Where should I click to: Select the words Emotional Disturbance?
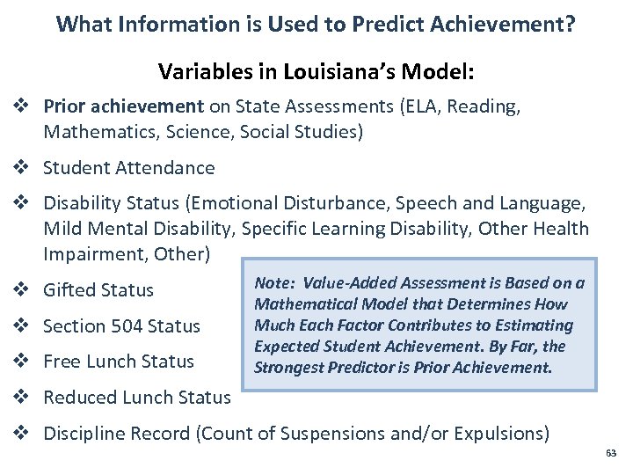pyautogui.click(x=287, y=203)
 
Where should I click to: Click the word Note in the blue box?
pyautogui.click(x=273, y=282)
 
